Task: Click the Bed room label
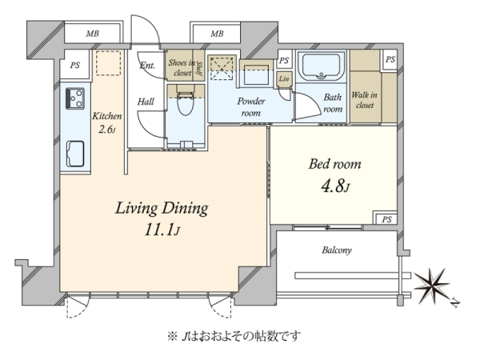point(334,164)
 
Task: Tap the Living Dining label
point(162,209)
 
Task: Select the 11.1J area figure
point(162,230)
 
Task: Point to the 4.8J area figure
point(335,186)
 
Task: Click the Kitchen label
point(107,116)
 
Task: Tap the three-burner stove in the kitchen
point(74,98)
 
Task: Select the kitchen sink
point(75,154)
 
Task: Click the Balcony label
point(337,250)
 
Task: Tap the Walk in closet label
point(364,100)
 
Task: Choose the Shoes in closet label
point(182,68)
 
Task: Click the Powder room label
point(251,107)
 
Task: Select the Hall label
point(146,102)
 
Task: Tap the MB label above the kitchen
point(92,34)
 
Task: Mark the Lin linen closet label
point(284,79)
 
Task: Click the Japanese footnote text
point(234,337)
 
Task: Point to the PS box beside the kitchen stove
point(75,66)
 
